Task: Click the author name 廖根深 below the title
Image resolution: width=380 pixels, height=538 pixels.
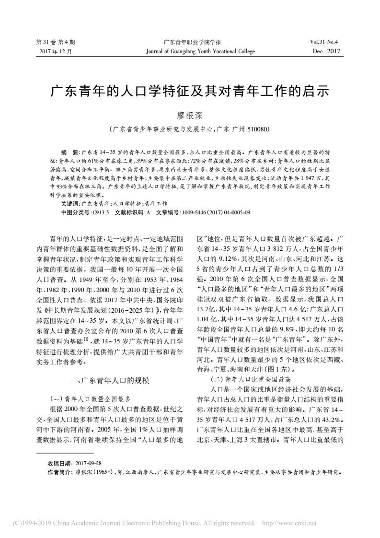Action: tap(189, 115)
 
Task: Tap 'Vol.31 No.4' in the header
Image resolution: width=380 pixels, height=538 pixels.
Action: tap(324, 42)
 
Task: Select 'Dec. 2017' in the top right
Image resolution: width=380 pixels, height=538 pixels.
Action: tap(326, 51)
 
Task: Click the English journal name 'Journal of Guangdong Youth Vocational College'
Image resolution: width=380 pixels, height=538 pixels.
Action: tap(200, 51)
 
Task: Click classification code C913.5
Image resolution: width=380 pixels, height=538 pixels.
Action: tap(101, 211)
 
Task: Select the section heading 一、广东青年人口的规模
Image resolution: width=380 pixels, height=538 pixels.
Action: tap(110, 367)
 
